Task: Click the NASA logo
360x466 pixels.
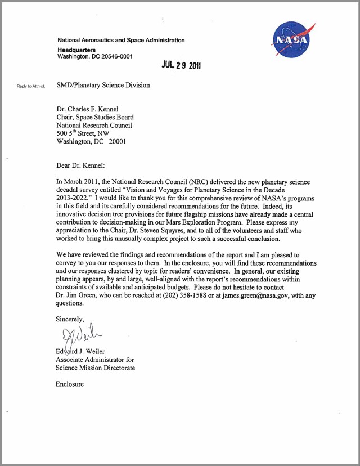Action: pos(290,41)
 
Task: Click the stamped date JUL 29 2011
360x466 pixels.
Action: pos(181,65)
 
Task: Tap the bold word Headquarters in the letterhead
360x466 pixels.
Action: pos(76,50)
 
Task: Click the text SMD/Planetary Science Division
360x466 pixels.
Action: pos(103,86)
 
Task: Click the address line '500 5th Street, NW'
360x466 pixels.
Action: pos(83,134)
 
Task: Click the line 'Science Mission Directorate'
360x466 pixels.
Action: pos(95,368)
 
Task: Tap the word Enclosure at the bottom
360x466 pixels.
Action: pos(70,384)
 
